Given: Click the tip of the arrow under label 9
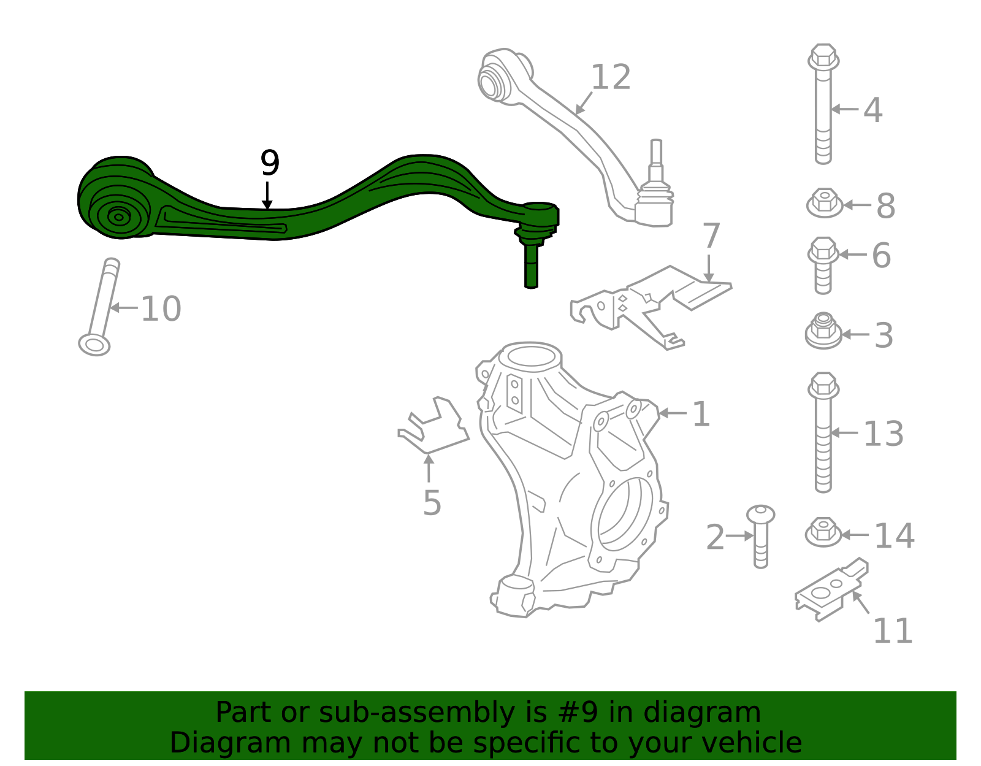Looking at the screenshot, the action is point(267,210).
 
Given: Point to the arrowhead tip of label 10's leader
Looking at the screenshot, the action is point(110,308).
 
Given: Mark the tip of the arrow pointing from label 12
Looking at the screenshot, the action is point(576,114).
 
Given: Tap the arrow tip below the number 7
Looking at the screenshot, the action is point(709,282).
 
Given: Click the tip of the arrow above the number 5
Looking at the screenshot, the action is point(429,455).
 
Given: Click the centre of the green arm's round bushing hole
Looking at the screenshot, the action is point(119,217).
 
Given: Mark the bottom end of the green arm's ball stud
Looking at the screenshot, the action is point(531,287).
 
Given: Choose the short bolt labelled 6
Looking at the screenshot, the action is point(823,266).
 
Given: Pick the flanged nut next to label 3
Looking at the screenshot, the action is point(823,331).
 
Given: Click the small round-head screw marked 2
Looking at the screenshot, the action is point(761,537).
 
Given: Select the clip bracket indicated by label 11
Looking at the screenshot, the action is point(831,589).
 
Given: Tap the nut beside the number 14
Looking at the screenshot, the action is point(823,532).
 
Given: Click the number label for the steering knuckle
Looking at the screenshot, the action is point(701,414).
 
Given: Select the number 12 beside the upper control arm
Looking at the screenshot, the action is point(610,77).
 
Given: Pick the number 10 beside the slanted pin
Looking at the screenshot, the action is point(161,309).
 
